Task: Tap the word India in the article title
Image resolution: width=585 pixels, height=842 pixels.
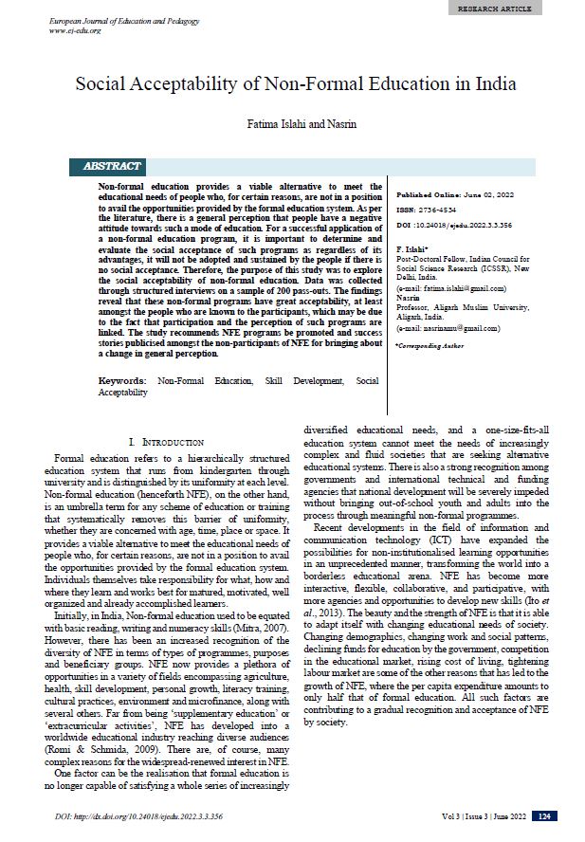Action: tap(496, 83)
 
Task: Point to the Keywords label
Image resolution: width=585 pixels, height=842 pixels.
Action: tap(122, 380)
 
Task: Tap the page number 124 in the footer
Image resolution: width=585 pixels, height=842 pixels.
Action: tap(545, 815)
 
